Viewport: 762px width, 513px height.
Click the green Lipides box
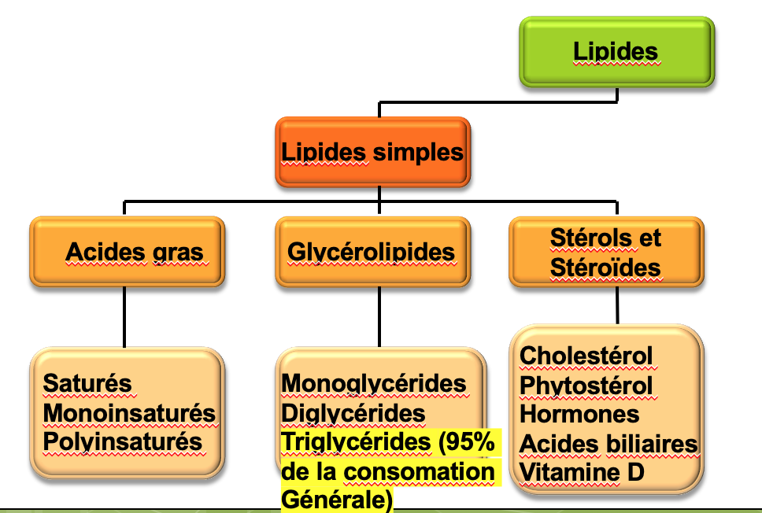pyautogui.click(x=616, y=52)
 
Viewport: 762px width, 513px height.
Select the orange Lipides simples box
pyautogui.click(x=373, y=152)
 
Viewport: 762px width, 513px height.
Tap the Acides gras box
pyautogui.click(x=127, y=252)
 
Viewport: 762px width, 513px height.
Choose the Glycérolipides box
pyautogui.click(x=372, y=252)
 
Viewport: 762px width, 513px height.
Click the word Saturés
pyautogui.click(x=87, y=383)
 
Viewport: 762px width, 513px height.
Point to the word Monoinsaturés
pyautogui.click(x=129, y=412)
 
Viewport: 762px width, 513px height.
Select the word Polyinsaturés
pyautogui.click(x=122, y=441)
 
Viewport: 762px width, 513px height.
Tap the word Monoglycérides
pyautogui.click(x=374, y=383)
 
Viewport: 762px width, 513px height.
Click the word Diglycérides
pyautogui.click(x=353, y=412)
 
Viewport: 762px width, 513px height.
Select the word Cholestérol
pyautogui.click(x=586, y=356)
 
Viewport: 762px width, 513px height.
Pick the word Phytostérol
pyautogui.click(x=586, y=386)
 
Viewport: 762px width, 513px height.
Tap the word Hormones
pyautogui.click(x=579, y=415)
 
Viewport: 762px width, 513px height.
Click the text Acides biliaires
pyautogui.click(x=608, y=444)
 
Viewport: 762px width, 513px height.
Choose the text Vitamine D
pyautogui.click(x=582, y=473)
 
